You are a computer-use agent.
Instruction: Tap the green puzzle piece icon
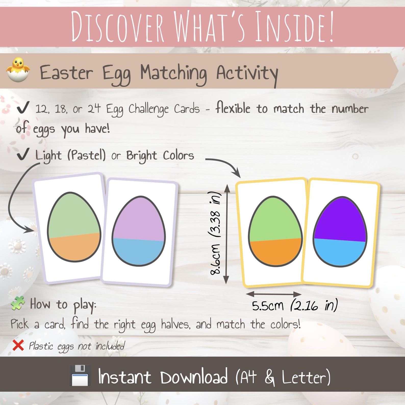(18, 303)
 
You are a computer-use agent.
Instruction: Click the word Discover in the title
(117, 27)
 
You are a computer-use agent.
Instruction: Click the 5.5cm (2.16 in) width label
(295, 305)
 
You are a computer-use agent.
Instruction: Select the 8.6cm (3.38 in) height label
(216, 233)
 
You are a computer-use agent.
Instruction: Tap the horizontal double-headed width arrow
(274, 294)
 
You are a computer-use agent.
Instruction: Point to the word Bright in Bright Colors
(142, 156)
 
